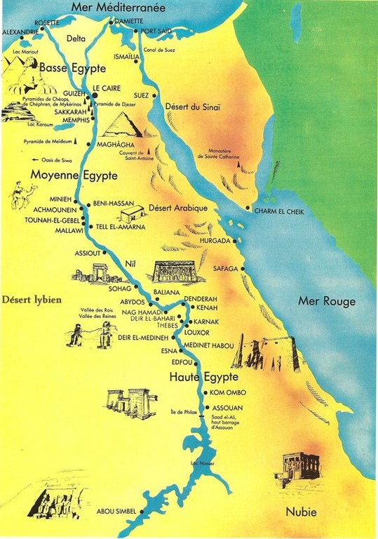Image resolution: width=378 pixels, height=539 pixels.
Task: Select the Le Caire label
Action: click(106, 88)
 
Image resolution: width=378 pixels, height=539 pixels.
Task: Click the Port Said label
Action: click(156, 32)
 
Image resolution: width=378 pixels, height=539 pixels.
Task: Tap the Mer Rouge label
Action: click(327, 302)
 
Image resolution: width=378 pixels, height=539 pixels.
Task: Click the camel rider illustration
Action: click(22, 194)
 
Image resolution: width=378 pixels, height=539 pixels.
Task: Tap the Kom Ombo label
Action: click(227, 391)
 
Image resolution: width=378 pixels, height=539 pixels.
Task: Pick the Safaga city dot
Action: click(243, 269)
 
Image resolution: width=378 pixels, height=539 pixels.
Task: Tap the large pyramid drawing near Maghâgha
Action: click(123, 125)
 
